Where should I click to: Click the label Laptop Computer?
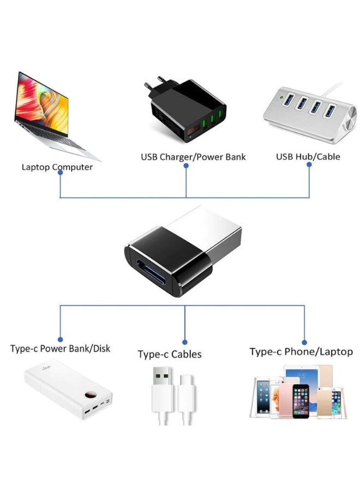tap(57, 167)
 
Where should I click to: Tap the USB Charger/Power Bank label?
tap(193, 157)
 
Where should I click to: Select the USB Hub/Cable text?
tap(308, 157)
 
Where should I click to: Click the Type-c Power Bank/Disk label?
tap(60, 348)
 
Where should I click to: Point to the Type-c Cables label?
tap(170, 354)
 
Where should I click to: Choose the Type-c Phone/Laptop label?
tap(301, 352)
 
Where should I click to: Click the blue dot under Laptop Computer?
tap(60, 172)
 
